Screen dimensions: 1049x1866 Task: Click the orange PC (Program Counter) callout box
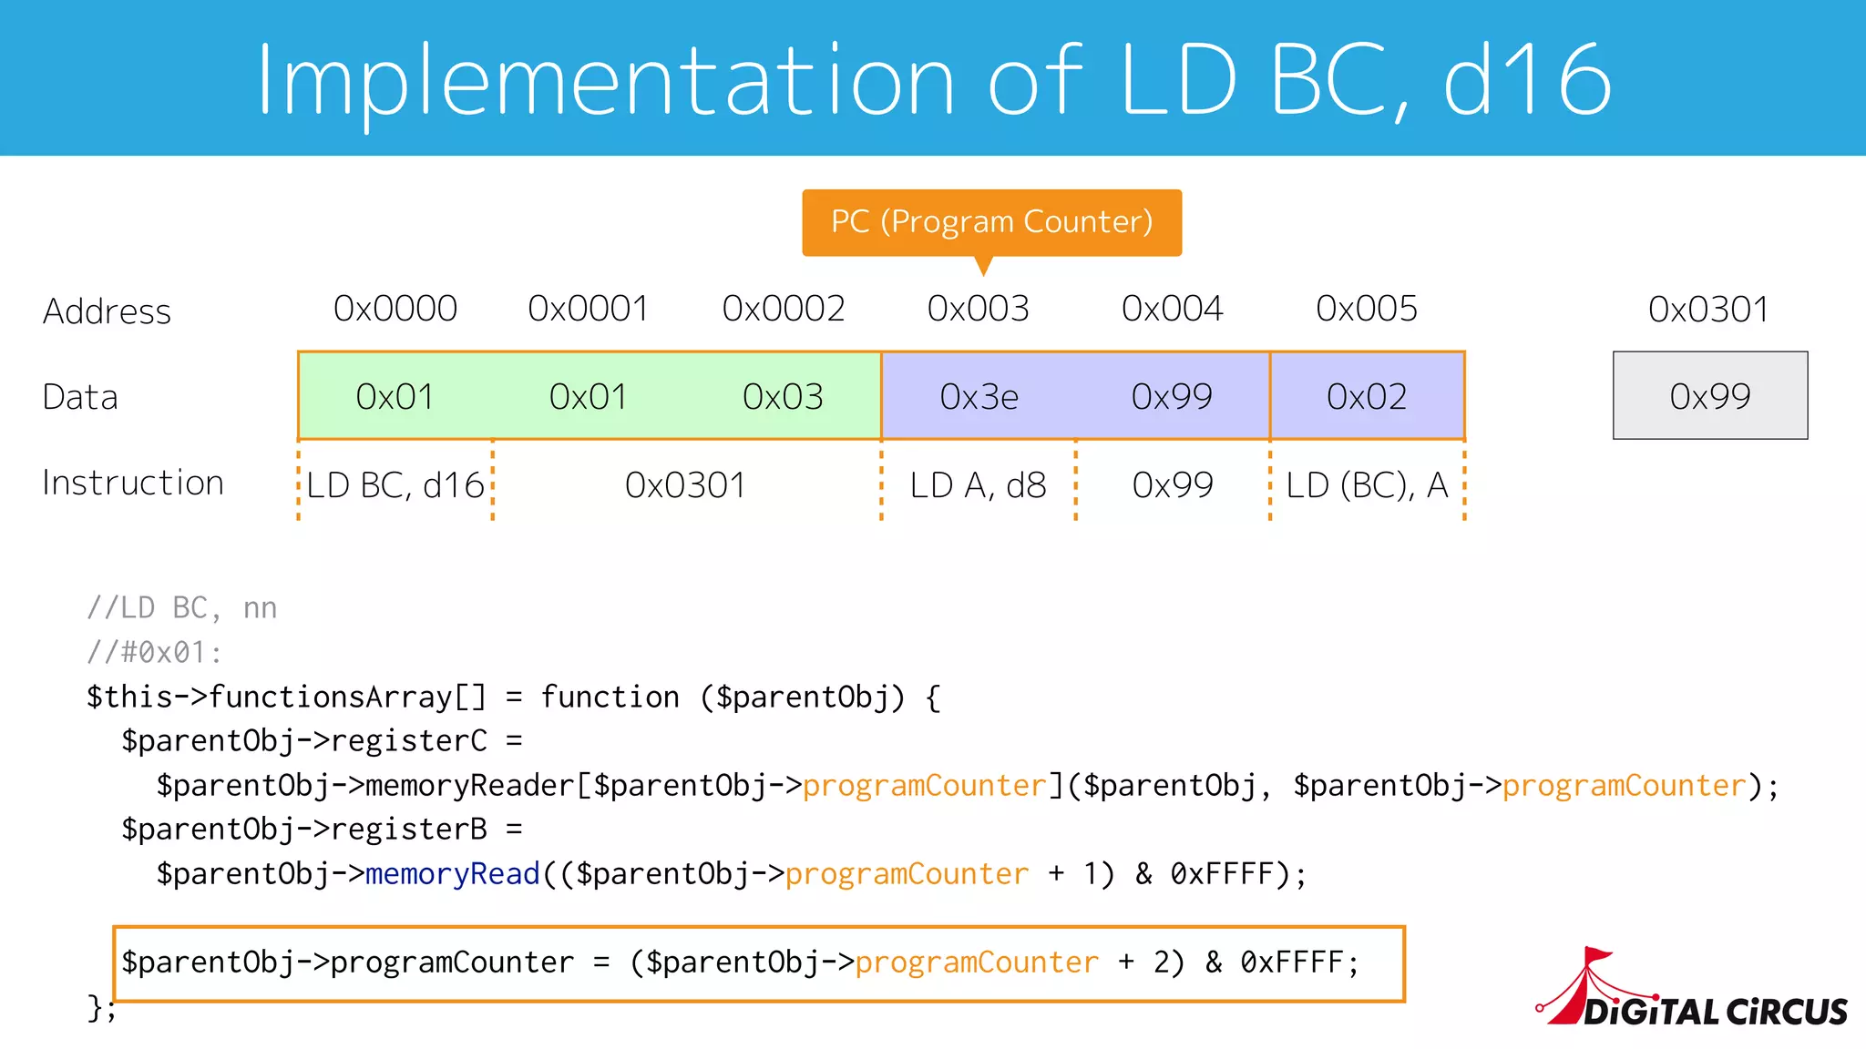point(991,222)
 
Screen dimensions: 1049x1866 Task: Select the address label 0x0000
point(395,309)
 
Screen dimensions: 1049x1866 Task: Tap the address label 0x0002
point(784,309)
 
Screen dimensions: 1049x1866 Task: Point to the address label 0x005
point(1367,309)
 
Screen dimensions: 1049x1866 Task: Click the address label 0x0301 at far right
point(1708,310)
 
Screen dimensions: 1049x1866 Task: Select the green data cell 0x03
point(783,397)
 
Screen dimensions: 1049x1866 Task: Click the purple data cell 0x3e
point(979,397)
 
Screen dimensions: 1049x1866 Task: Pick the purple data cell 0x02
point(1367,397)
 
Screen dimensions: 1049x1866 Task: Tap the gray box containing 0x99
point(1710,396)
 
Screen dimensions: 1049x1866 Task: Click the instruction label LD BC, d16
point(395,485)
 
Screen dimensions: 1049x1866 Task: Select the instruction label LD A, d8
point(979,485)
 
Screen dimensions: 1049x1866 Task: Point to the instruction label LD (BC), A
point(1367,485)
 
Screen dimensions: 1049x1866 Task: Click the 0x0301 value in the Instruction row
point(685,485)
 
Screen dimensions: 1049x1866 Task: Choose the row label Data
point(80,398)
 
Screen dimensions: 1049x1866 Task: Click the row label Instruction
point(133,483)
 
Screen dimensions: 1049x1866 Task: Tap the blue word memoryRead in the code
point(453,874)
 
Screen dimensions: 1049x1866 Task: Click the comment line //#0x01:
point(154,652)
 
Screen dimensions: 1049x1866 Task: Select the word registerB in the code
point(408,830)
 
